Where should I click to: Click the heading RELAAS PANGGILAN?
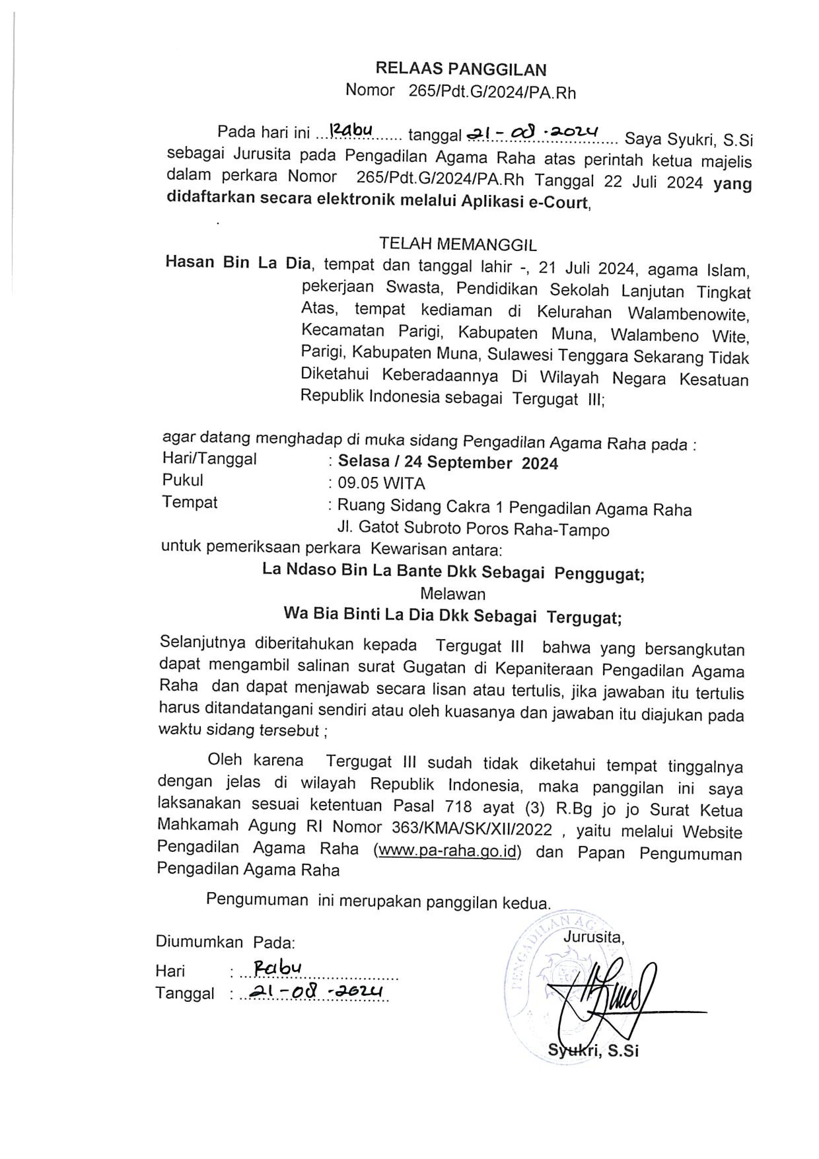pos(461,69)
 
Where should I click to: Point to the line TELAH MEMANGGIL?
pos(458,244)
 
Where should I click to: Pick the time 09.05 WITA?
pos(381,484)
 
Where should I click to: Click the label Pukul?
pos(182,480)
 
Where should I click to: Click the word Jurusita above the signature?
pos(593,937)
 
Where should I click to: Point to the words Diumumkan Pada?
pos(225,942)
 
